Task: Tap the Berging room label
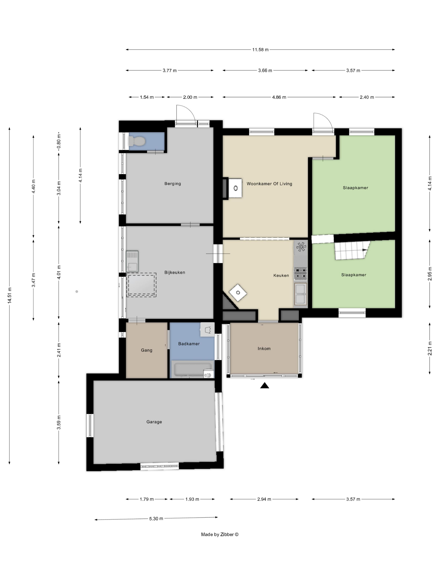pyautogui.click(x=172, y=183)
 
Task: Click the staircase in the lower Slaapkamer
pyautogui.click(x=352, y=250)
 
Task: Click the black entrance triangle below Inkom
pyautogui.click(x=265, y=386)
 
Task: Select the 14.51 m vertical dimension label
pyautogui.click(x=10, y=295)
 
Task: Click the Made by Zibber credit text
pyautogui.click(x=220, y=534)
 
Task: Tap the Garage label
pyautogui.click(x=154, y=422)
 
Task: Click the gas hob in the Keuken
pyautogui.click(x=301, y=273)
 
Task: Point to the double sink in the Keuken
pyautogui.click(x=301, y=294)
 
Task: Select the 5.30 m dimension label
pyautogui.click(x=156, y=519)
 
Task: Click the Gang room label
pyautogui.click(x=147, y=350)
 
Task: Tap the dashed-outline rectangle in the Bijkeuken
pyautogui.click(x=141, y=285)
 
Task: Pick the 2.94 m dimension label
pyautogui.click(x=264, y=499)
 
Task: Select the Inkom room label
pyautogui.click(x=264, y=348)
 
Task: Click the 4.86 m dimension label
pyautogui.click(x=279, y=97)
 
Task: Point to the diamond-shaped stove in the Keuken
pyautogui.click(x=238, y=292)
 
